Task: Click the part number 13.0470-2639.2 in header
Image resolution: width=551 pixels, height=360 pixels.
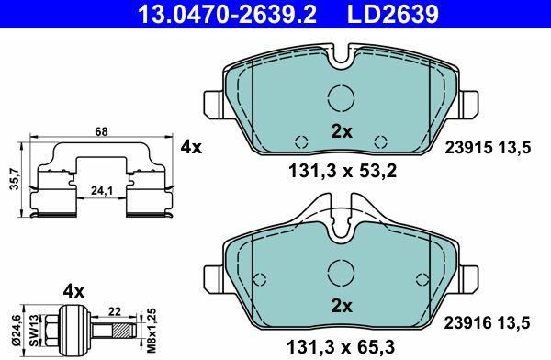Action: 228,14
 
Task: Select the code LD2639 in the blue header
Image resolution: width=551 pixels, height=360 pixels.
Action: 393,14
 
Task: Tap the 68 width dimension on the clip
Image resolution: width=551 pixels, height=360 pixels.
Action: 101,131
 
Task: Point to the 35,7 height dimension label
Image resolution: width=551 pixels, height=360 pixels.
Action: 15,178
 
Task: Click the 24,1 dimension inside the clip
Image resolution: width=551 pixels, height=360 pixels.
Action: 102,190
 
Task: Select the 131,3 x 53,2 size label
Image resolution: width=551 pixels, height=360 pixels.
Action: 343,172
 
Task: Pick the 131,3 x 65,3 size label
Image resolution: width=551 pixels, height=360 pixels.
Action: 341,347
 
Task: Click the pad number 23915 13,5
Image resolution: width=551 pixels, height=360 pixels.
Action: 488,148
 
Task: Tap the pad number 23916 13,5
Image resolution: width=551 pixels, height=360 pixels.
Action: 487,322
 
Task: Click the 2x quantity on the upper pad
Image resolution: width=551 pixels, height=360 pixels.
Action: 342,132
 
